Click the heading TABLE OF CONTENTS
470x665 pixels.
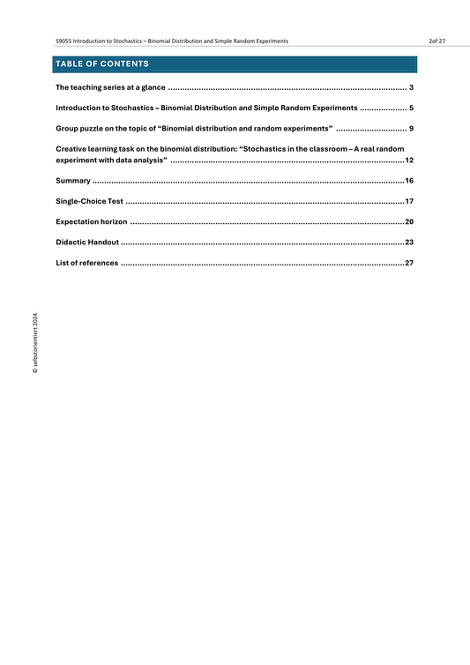(102, 64)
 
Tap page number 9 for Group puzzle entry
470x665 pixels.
(412, 129)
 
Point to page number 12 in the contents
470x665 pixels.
(409, 161)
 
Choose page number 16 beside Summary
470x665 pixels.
(409, 181)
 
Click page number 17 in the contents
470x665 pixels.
(409, 202)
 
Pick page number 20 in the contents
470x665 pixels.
(409, 222)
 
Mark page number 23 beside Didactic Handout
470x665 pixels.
(409, 242)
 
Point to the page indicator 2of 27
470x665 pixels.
(436, 41)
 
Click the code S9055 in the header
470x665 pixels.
(64, 41)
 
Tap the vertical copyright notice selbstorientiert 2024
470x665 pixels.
(35, 345)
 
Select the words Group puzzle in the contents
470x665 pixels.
(78, 129)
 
